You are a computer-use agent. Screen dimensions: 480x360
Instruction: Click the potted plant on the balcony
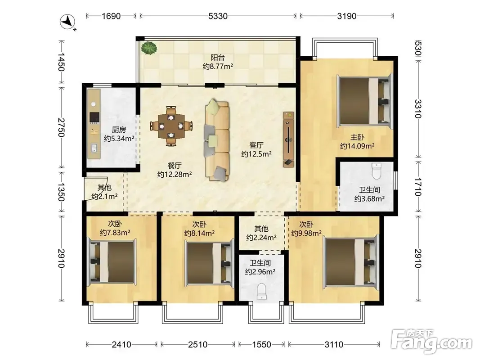(149, 48)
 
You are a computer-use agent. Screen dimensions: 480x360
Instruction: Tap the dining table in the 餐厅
(171, 126)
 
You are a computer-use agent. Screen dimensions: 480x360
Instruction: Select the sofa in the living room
(217, 140)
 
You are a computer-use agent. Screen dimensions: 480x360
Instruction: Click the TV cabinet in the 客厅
(288, 139)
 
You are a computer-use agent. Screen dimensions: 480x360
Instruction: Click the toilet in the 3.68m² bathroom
(376, 171)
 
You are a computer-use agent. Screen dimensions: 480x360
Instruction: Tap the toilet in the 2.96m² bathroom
(262, 292)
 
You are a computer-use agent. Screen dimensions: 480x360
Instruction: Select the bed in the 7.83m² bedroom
(112, 262)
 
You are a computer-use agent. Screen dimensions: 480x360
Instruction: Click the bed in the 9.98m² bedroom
(351, 262)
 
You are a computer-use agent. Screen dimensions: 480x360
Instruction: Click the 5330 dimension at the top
(218, 16)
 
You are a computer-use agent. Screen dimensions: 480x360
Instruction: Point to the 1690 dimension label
(111, 16)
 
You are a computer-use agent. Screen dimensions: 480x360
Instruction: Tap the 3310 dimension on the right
(418, 108)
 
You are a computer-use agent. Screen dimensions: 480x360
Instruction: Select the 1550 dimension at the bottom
(261, 345)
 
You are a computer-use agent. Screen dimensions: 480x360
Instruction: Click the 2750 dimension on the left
(61, 127)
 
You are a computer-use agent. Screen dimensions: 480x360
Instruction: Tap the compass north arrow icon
(67, 22)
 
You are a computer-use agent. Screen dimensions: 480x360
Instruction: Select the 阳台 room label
(218, 58)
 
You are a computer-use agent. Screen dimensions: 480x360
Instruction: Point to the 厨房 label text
(119, 130)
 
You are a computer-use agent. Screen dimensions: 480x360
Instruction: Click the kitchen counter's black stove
(94, 117)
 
